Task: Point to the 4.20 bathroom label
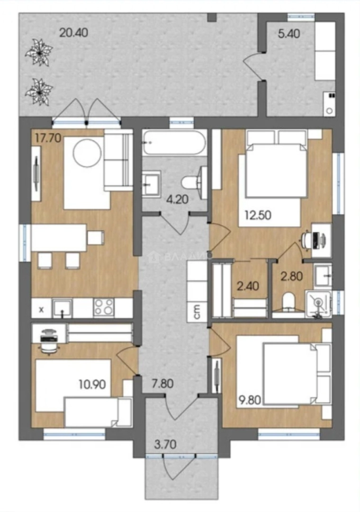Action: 178,200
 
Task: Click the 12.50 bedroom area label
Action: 258,216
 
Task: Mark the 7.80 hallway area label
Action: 162,383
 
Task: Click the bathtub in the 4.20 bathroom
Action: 174,143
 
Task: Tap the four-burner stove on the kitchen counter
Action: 104,308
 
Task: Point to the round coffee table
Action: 87,152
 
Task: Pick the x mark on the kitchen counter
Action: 41,311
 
